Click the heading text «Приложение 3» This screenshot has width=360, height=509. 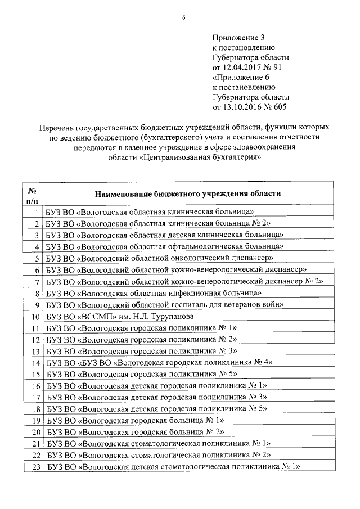pyautogui.click(x=234, y=37)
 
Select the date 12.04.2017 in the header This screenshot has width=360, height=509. pyautogui.click(x=242, y=67)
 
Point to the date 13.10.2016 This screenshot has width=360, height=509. pyautogui.click(x=242, y=106)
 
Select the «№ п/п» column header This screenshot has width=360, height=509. pyautogui.click(x=33, y=193)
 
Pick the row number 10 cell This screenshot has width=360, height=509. pyautogui.click(x=33, y=317)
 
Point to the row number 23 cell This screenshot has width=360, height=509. pyautogui.click(x=33, y=467)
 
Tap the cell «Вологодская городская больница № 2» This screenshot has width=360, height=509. pyautogui.click(x=136, y=432)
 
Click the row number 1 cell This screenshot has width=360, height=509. pyautogui.click(x=35, y=212)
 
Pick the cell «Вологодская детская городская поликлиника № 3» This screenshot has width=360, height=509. pyautogui.click(x=157, y=398)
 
